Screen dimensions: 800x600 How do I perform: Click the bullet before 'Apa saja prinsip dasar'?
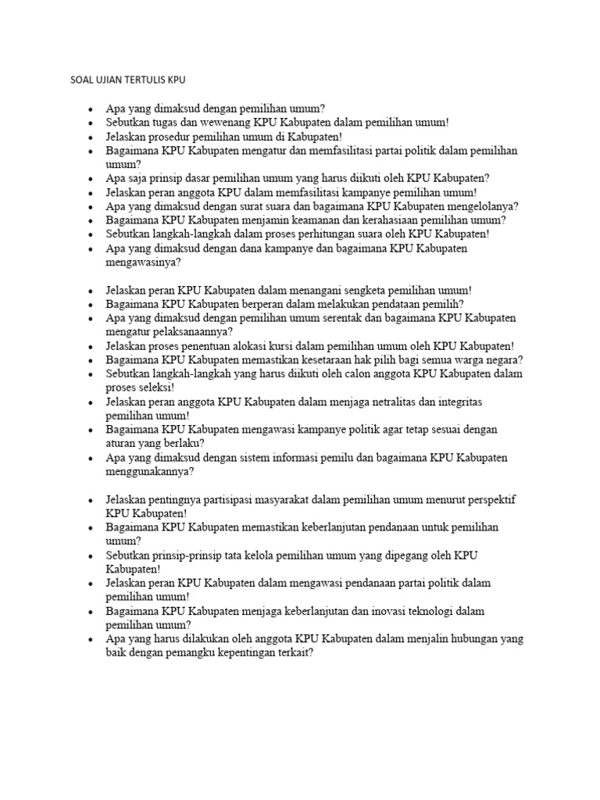91,179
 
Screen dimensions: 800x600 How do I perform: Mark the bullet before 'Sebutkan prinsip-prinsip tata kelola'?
91,555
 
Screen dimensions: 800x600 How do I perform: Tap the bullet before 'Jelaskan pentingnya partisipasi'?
91,499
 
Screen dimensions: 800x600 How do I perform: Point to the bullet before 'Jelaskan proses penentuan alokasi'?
91,346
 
